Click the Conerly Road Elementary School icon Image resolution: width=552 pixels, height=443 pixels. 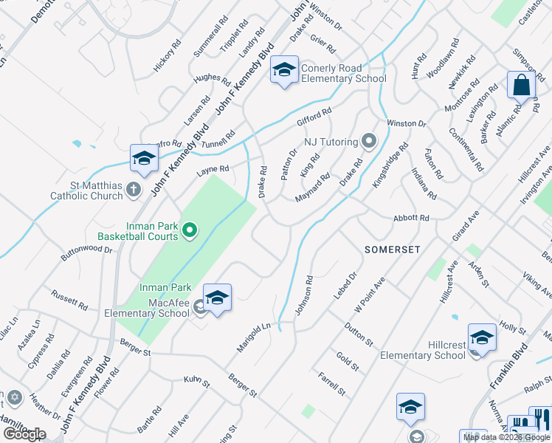(284, 70)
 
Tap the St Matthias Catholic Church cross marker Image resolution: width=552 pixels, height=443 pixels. (134, 190)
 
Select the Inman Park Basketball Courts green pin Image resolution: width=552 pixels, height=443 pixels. (190, 231)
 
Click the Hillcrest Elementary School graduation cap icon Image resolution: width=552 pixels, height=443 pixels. (482, 337)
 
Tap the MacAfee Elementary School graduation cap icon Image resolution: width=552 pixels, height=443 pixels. (217, 298)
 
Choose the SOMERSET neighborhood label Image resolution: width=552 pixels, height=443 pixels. (393, 250)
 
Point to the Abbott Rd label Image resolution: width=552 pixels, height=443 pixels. (411, 219)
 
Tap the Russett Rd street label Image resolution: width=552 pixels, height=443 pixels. (69, 299)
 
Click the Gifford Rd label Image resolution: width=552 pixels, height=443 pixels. (314, 116)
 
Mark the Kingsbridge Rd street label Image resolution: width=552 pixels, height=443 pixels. (390, 165)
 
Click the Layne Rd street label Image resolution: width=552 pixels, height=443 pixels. (213, 170)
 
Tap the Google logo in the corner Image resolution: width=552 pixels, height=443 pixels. (24, 434)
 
